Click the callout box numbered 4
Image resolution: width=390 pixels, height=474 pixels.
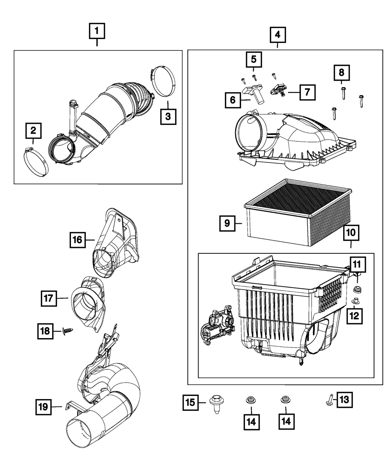pos(277,35)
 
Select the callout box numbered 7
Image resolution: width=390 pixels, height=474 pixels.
pos(307,93)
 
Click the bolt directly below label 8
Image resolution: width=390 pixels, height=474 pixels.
pos(342,93)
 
